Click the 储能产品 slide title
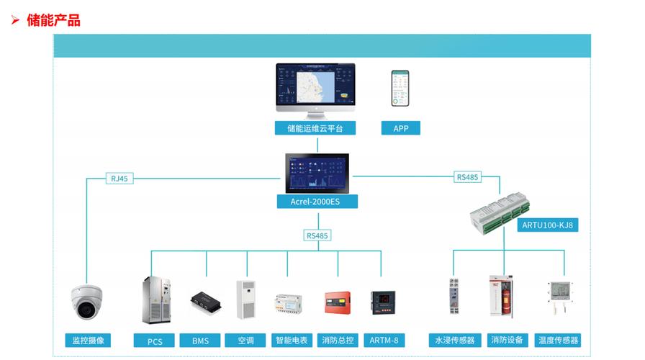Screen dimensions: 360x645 coord(53,20)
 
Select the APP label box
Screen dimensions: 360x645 coord(400,128)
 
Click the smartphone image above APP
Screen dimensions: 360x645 coord(400,89)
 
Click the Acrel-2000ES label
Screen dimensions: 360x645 coord(317,201)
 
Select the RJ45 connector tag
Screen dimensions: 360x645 coord(119,178)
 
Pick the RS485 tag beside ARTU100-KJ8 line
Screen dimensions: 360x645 coord(467,177)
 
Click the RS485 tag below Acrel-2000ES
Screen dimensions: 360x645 coord(317,235)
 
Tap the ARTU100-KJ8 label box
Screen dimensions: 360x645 coord(548,225)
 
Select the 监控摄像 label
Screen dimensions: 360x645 coord(88,340)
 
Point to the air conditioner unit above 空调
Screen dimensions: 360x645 coord(246,299)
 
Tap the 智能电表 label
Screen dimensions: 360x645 coord(291,341)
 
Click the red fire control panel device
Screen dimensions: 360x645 coord(337,302)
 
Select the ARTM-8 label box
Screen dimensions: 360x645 coord(383,341)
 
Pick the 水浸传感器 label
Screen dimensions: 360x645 coord(454,340)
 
